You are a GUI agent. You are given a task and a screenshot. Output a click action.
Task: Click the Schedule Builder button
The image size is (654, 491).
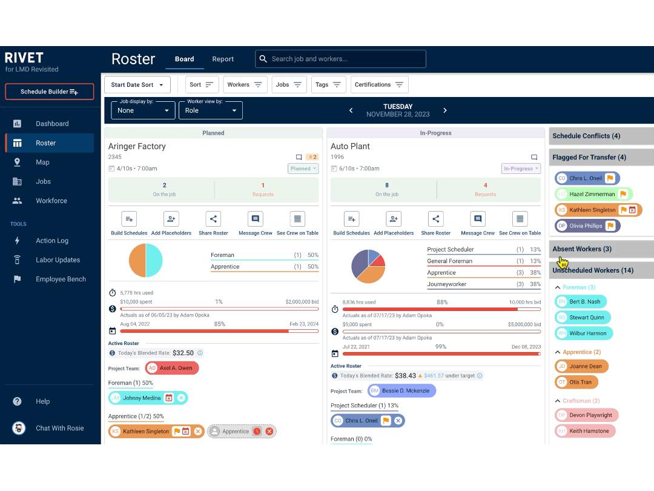[49, 92]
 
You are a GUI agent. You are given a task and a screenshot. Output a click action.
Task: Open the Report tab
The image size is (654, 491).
[223, 59]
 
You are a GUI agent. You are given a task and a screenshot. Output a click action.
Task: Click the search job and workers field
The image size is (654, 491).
[340, 59]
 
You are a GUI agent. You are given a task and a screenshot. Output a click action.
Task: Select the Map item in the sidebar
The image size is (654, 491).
[42, 162]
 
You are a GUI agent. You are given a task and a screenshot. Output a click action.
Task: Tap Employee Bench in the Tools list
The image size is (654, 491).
[61, 279]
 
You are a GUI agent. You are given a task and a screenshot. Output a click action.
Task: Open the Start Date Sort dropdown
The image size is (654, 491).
[137, 85]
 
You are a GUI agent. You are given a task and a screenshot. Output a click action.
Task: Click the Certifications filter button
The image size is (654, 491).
[379, 85]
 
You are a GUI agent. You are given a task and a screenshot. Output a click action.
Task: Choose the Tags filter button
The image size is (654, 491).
[328, 85]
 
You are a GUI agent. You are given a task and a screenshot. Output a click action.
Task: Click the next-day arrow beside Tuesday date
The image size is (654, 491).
[445, 110]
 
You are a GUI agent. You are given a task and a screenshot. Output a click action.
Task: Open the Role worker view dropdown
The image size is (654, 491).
[210, 110]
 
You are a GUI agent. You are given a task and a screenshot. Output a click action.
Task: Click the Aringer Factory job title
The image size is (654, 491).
[137, 146]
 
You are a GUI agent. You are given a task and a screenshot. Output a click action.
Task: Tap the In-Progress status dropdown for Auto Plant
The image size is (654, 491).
[521, 169]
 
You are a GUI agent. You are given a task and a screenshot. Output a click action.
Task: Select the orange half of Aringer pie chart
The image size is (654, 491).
[137, 261]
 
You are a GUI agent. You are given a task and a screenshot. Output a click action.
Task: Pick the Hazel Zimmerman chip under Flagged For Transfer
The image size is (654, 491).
[593, 195]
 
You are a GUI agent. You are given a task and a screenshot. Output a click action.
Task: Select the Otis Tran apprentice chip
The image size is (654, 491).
[576, 382]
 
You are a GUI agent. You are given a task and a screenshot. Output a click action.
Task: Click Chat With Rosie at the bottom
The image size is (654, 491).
[59, 429]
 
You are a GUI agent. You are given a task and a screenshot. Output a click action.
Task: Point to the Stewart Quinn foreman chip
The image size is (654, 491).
[583, 318]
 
